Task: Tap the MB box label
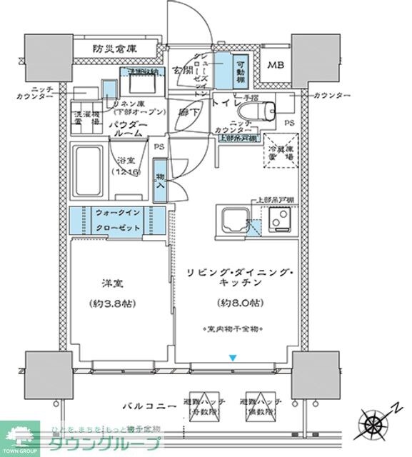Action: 275,65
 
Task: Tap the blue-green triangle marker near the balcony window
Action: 231,357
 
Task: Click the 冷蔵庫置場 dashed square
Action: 281,151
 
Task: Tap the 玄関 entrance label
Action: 184,70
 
